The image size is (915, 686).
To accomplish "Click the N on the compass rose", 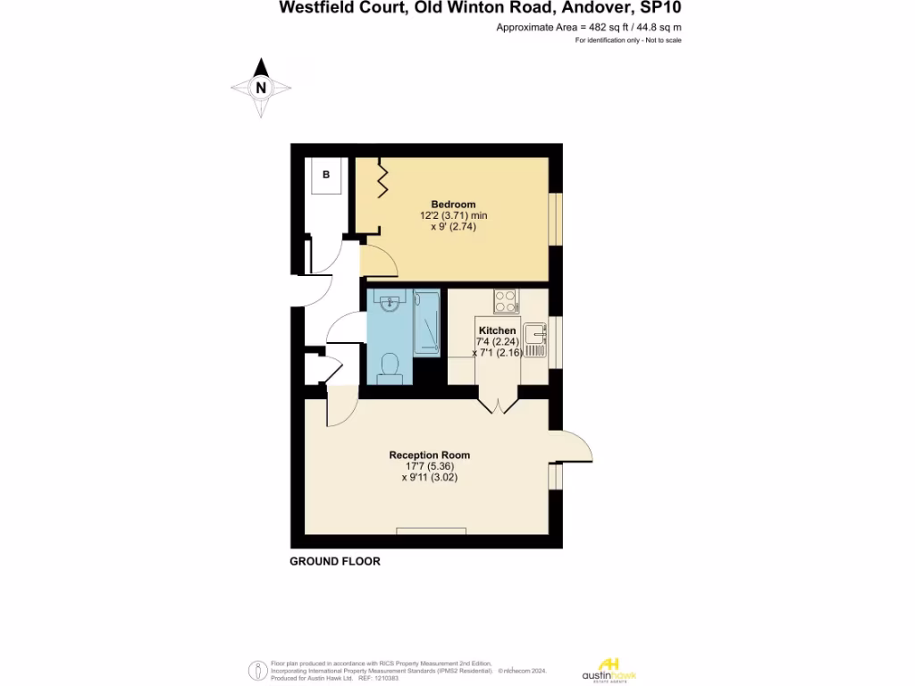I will coord(261,88).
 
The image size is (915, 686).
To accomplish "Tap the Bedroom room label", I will coord(453,204).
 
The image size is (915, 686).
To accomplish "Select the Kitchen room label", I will coord(497,330).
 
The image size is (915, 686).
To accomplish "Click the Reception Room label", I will coord(429,455).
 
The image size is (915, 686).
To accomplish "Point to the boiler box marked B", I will coord(326,175).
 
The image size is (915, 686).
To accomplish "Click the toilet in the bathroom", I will coord(390,367).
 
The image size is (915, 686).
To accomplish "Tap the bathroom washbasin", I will coord(390,305).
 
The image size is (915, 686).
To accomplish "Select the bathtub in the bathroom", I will coord(426,322).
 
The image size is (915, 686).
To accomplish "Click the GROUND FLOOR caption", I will coord(335,562).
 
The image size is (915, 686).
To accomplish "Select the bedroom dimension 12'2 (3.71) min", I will coord(453,215).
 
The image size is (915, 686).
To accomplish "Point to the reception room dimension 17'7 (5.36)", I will coord(429,466).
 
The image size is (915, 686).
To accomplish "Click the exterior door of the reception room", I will coord(572,446).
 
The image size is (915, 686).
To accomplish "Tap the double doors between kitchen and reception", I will coord(497,401).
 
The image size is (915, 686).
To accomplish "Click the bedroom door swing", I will coord(378,261).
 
